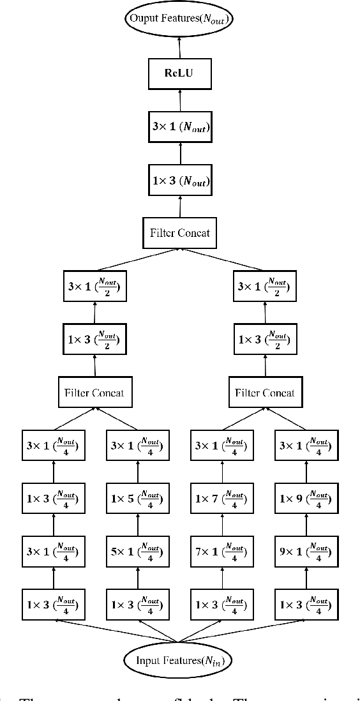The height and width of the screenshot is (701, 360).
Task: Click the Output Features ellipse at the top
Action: [179, 19]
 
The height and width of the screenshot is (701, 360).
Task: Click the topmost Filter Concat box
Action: [179, 233]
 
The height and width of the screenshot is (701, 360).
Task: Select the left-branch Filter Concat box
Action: [95, 392]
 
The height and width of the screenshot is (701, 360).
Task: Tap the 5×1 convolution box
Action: [137, 552]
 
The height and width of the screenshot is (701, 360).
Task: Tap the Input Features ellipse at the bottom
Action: [179, 660]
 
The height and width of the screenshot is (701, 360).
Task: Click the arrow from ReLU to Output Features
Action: [179, 47]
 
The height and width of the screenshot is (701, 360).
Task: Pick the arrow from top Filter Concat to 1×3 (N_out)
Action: [179, 207]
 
